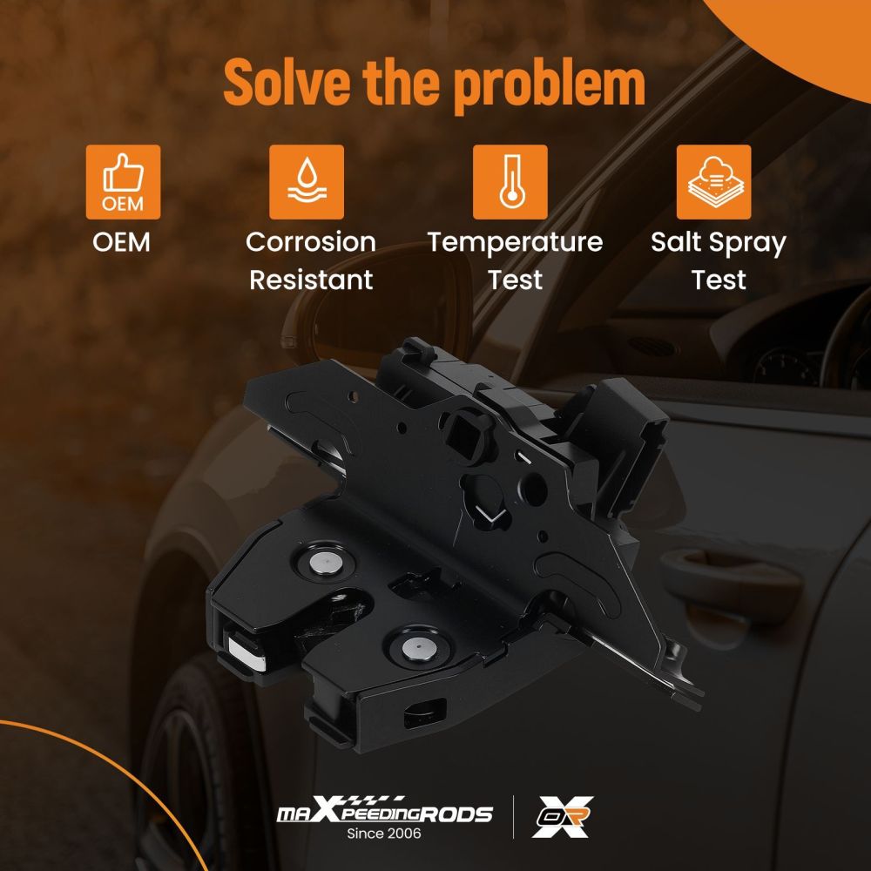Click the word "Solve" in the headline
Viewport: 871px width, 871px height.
[x=287, y=82]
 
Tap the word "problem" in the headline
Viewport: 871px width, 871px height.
[x=550, y=86]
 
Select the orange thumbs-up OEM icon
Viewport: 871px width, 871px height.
[x=124, y=182]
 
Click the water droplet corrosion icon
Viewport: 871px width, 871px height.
[x=307, y=182]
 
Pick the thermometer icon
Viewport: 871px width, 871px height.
[x=510, y=182]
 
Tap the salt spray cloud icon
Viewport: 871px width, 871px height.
[x=714, y=182]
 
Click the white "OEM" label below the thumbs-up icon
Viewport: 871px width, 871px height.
[x=122, y=242]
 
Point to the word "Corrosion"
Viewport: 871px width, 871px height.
[x=311, y=242]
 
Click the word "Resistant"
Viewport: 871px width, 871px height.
[x=311, y=280]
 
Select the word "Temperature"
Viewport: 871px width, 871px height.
[x=515, y=243]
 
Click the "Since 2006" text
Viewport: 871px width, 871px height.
[x=384, y=834]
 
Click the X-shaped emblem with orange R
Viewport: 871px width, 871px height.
[x=563, y=817]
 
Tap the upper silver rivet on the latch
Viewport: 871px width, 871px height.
[x=326, y=563]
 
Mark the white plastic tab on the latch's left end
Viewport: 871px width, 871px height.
[x=247, y=653]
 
